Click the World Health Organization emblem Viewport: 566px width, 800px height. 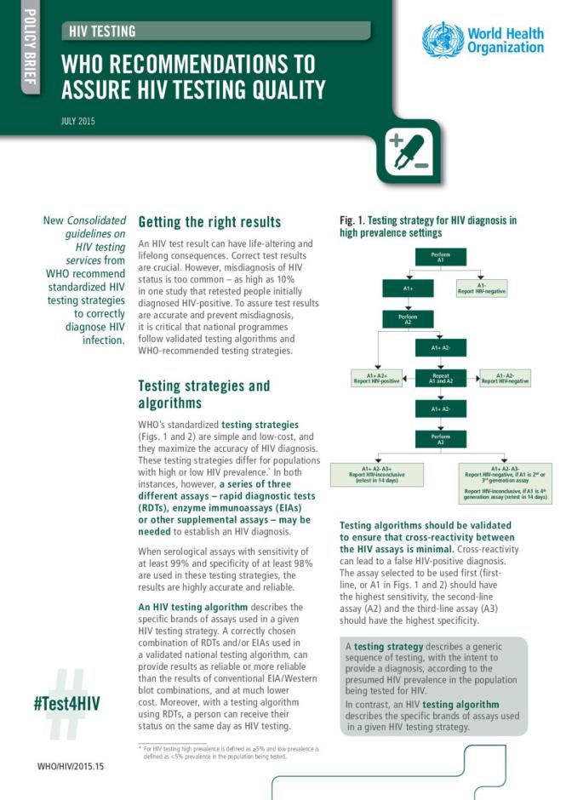pyautogui.click(x=443, y=39)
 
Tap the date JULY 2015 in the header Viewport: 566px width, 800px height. pyautogui.click(x=77, y=121)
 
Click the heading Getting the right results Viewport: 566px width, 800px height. pyautogui.click(x=209, y=222)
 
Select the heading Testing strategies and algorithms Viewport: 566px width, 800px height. pyautogui.click(x=204, y=393)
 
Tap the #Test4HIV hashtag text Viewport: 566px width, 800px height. pyautogui.click(x=67, y=703)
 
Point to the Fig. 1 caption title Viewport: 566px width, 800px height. pyautogui.click(x=427, y=226)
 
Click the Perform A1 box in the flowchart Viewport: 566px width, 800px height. pyautogui.click(x=440, y=256)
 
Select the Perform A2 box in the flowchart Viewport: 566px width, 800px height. pyautogui.click(x=408, y=319)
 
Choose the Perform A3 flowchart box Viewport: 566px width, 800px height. pyautogui.click(x=440, y=439)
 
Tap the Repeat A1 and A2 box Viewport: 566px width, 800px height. pyautogui.click(x=440, y=378)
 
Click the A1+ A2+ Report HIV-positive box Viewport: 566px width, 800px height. pyautogui.click(x=376, y=378)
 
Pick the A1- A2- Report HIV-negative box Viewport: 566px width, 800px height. pyautogui.click(x=505, y=378)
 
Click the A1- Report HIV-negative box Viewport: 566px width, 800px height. pyautogui.click(x=482, y=288)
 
